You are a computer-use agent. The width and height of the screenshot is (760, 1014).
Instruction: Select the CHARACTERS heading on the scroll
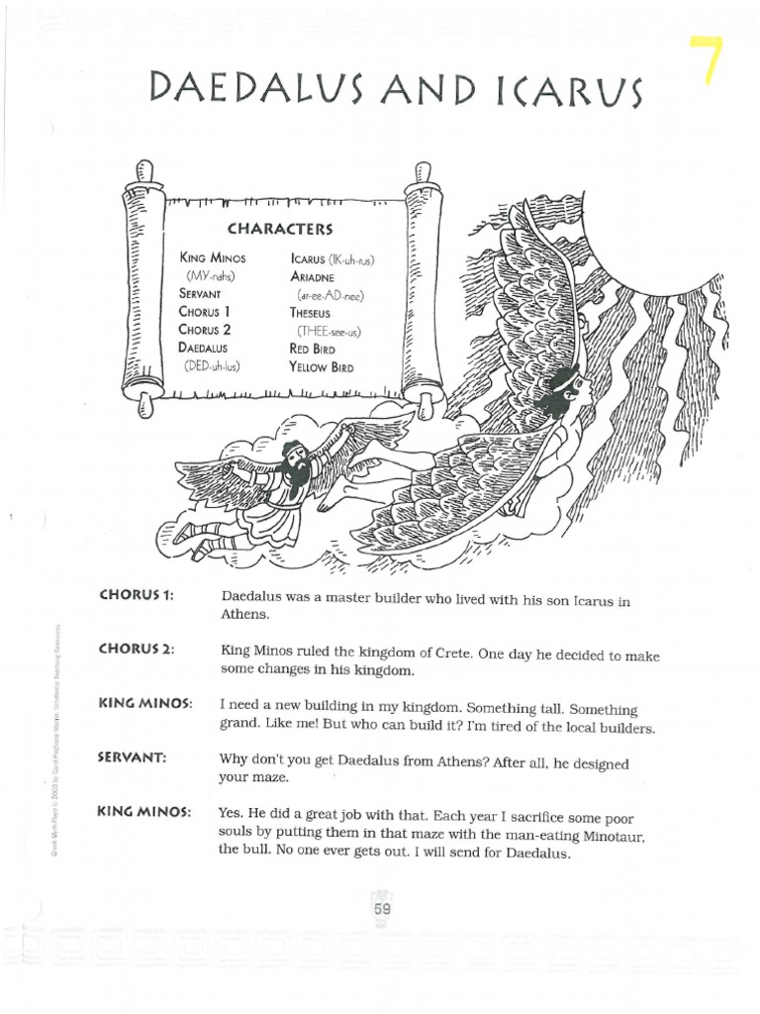coord(280,229)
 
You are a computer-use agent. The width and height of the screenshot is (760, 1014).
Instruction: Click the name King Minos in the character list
coord(212,258)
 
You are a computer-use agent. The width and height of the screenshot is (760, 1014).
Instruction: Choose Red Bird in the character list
coord(313,349)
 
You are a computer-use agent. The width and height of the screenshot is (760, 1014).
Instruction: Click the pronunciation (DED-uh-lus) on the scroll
coord(212,366)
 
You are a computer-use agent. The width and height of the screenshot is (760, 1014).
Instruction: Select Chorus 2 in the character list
coord(205,330)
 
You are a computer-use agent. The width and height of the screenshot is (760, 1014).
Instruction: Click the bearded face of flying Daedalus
coord(294,460)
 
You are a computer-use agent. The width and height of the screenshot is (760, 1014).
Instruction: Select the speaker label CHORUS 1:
coord(137,595)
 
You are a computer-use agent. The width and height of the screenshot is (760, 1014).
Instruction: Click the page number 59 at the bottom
coord(383,909)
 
